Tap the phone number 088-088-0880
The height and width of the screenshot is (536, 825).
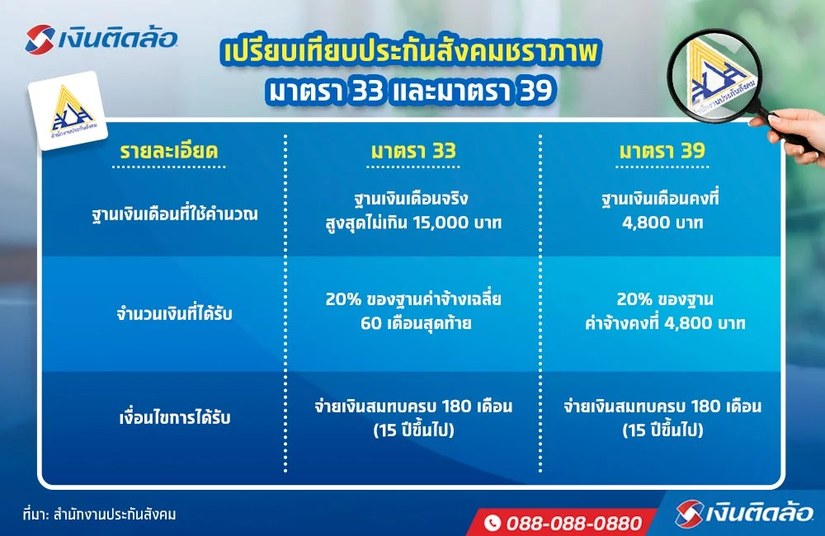573,523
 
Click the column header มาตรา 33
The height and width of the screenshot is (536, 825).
412,152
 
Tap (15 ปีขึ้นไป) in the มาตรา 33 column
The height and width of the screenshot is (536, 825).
412,429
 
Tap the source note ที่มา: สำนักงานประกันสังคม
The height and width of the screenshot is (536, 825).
100,514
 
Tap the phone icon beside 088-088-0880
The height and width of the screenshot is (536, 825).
493,523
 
